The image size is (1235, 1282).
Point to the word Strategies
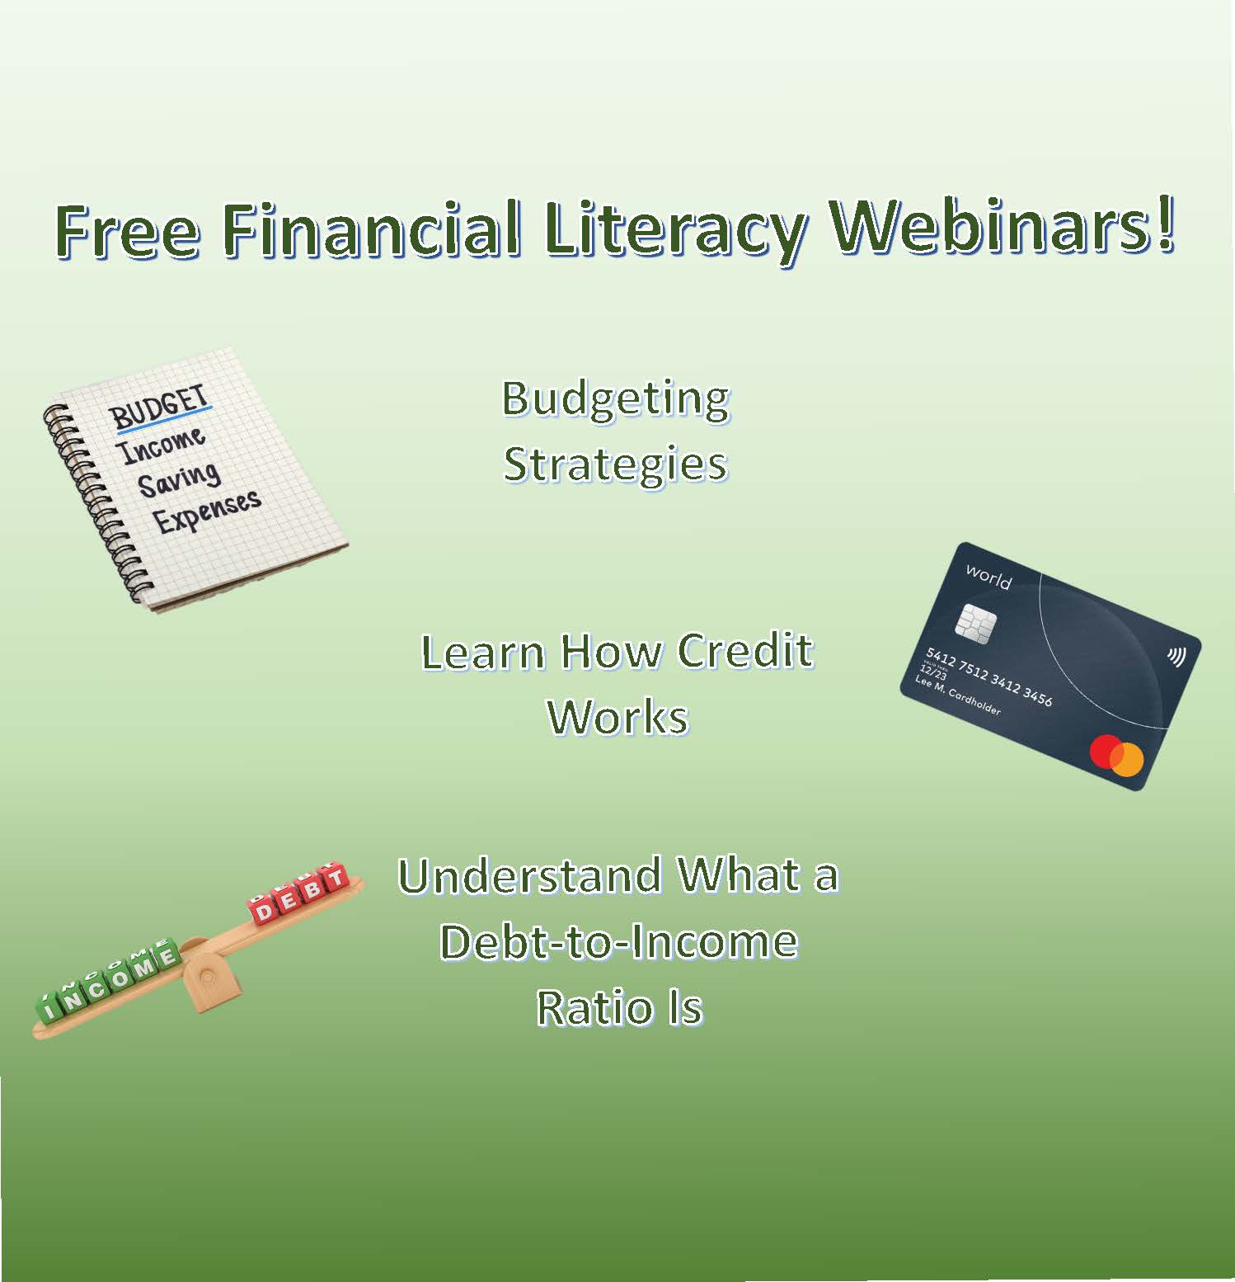pos(616,464)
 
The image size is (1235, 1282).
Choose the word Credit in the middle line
pos(744,652)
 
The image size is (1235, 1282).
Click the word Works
pos(617,717)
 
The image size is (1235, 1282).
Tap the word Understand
pos(528,876)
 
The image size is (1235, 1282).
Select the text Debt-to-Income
pos(618,942)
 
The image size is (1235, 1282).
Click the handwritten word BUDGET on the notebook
pos(161,407)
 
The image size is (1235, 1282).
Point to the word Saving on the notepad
pos(179,478)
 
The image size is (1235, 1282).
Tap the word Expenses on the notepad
pos(207,511)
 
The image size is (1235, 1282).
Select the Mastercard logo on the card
pos(1116,755)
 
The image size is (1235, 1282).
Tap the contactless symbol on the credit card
pos(1176,657)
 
